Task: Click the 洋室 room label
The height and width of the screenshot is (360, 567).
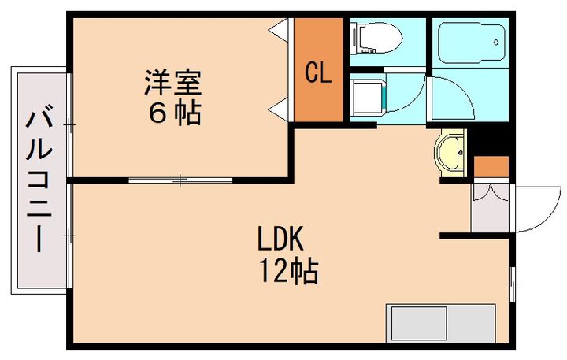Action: point(172,82)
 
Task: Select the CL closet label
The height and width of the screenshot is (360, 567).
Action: point(318,74)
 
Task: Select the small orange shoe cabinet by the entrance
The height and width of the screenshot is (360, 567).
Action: point(491,166)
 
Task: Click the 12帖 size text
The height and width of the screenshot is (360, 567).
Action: point(288,272)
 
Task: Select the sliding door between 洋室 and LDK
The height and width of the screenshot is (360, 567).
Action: point(181,180)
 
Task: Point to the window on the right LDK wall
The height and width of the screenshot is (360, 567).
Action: point(512,284)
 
